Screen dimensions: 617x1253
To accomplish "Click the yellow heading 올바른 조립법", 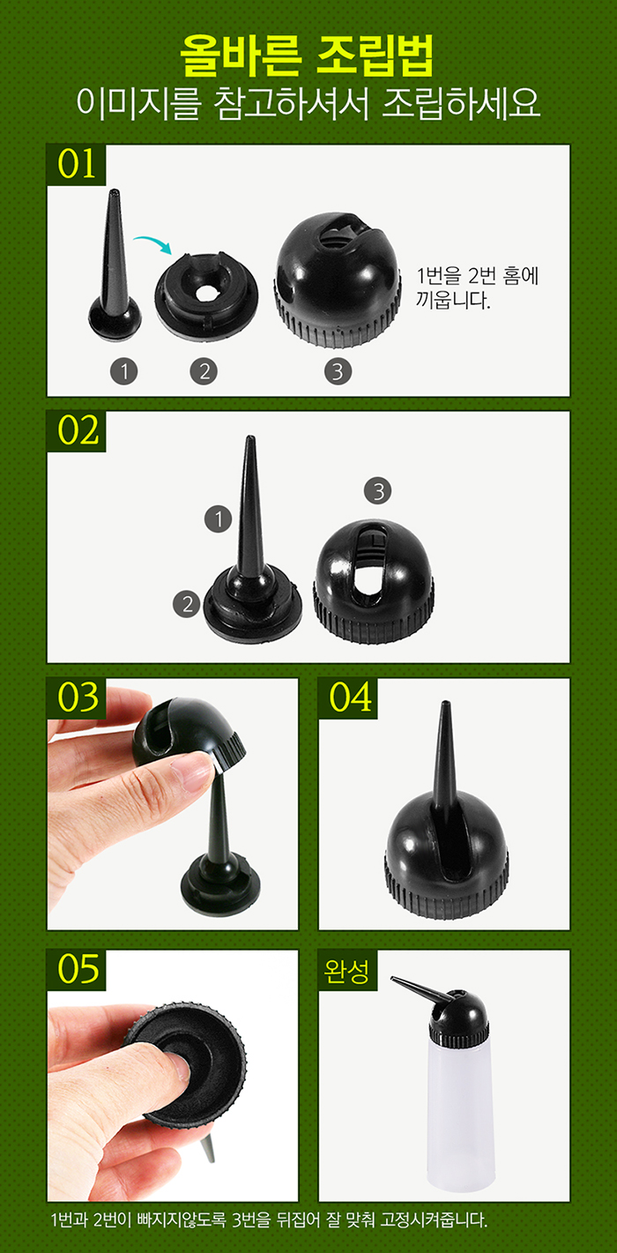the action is pos(307,56).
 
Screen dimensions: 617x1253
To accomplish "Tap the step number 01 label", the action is pos(77,165).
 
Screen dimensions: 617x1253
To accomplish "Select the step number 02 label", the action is pos(77,431).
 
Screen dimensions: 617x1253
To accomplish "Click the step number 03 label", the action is pos(77,698).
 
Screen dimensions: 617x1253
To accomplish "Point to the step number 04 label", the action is pos(348,698).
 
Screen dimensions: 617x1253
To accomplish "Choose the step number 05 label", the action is pos(77,970).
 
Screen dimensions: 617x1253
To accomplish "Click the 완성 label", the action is pos(347,970).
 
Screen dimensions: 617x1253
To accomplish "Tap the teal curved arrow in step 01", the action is pos(153,242).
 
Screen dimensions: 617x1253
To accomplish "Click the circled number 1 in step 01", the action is pos(123,371).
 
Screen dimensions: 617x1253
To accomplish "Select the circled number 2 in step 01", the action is pos(204,371).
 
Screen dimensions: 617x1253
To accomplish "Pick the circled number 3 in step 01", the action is pos(338,371).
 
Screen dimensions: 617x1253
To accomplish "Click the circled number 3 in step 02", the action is pos(377,491).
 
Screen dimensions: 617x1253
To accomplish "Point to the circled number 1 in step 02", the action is pos(219,519).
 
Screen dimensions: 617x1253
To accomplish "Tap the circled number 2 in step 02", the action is pos(187,604).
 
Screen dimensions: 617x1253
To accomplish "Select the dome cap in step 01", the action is pos(338,280).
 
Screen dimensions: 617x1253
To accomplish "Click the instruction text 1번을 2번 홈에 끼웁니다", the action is pos(477,288).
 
